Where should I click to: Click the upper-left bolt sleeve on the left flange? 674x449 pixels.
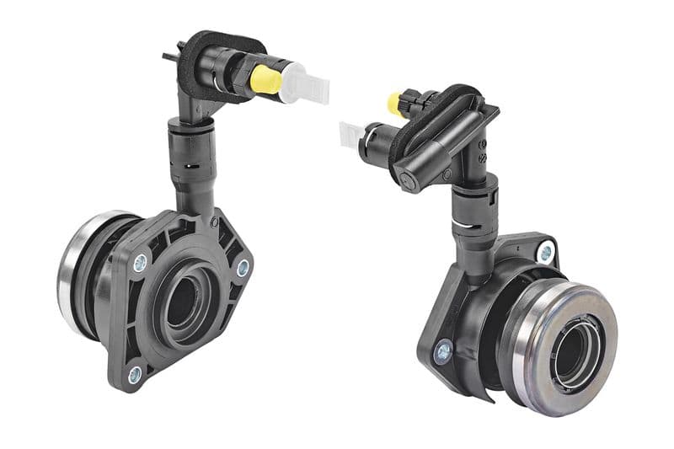(140, 263)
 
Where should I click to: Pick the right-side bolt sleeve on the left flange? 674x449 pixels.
(243, 268)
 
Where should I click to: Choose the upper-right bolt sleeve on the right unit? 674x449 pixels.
(546, 252)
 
